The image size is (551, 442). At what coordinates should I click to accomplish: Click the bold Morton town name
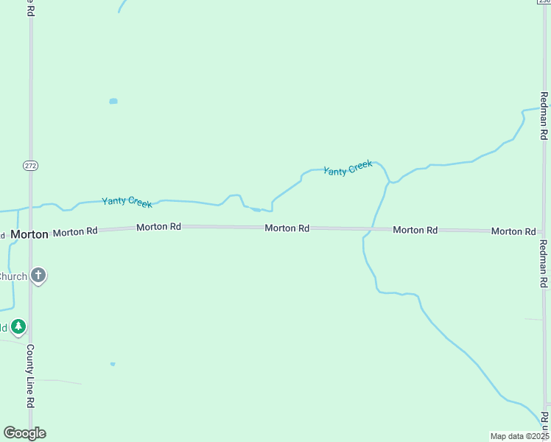[x=29, y=234]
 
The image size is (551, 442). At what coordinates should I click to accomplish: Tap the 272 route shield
[x=30, y=166]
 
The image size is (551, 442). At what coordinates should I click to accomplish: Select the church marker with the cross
[x=38, y=276]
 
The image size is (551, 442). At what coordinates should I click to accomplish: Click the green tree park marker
[x=18, y=326]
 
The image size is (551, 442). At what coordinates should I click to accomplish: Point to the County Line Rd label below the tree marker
[x=31, y=376]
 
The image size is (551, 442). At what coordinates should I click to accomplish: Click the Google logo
[x=24, y=433]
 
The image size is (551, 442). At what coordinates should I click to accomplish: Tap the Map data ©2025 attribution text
[x=519, y=436]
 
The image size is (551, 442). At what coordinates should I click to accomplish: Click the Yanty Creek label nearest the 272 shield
[x=127, y=201]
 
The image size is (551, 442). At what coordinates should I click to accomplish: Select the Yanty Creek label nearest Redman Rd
[x=348, y=168]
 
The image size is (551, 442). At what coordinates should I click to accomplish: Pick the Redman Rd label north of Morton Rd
[x=544, y=116]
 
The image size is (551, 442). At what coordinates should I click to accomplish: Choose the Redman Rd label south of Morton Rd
[x=544, y=263]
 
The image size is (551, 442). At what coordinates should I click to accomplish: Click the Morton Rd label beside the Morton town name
[x=75, y=231]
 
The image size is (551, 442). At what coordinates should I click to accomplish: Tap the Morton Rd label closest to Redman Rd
[x=513, y=231]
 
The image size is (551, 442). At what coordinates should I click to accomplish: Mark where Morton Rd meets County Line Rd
[x=30, y=233]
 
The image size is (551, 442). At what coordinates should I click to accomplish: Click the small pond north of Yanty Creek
[x=113, y=101]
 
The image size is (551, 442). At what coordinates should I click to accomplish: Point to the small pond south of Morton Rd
[x=113, y=364]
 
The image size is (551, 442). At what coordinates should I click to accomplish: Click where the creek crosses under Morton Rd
[x=371, y=230]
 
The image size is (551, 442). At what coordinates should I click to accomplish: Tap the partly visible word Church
[x=13, y=276]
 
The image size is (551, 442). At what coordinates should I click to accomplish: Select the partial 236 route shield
[x=544, y=2]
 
